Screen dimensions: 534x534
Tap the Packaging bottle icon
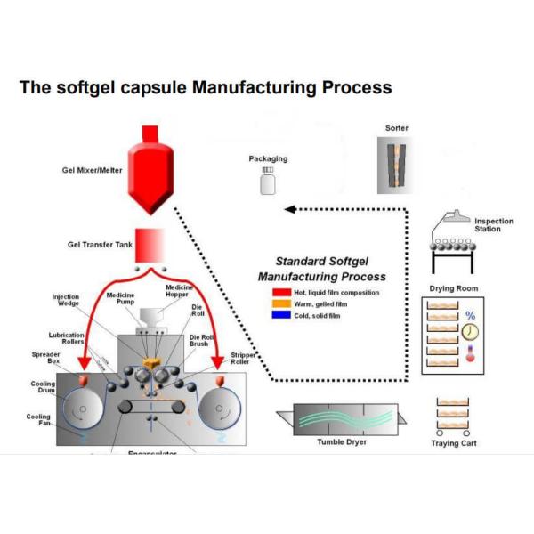point(267,183)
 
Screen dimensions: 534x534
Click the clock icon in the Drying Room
point(468,332)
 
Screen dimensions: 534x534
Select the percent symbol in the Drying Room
point(470,315)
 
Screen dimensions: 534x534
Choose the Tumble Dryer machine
point(343,418)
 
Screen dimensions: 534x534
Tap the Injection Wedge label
point(66,301)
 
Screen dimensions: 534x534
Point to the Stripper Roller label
point(244,359)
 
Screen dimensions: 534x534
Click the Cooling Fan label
point(38,420)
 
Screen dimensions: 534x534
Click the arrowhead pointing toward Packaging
point(288,210)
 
